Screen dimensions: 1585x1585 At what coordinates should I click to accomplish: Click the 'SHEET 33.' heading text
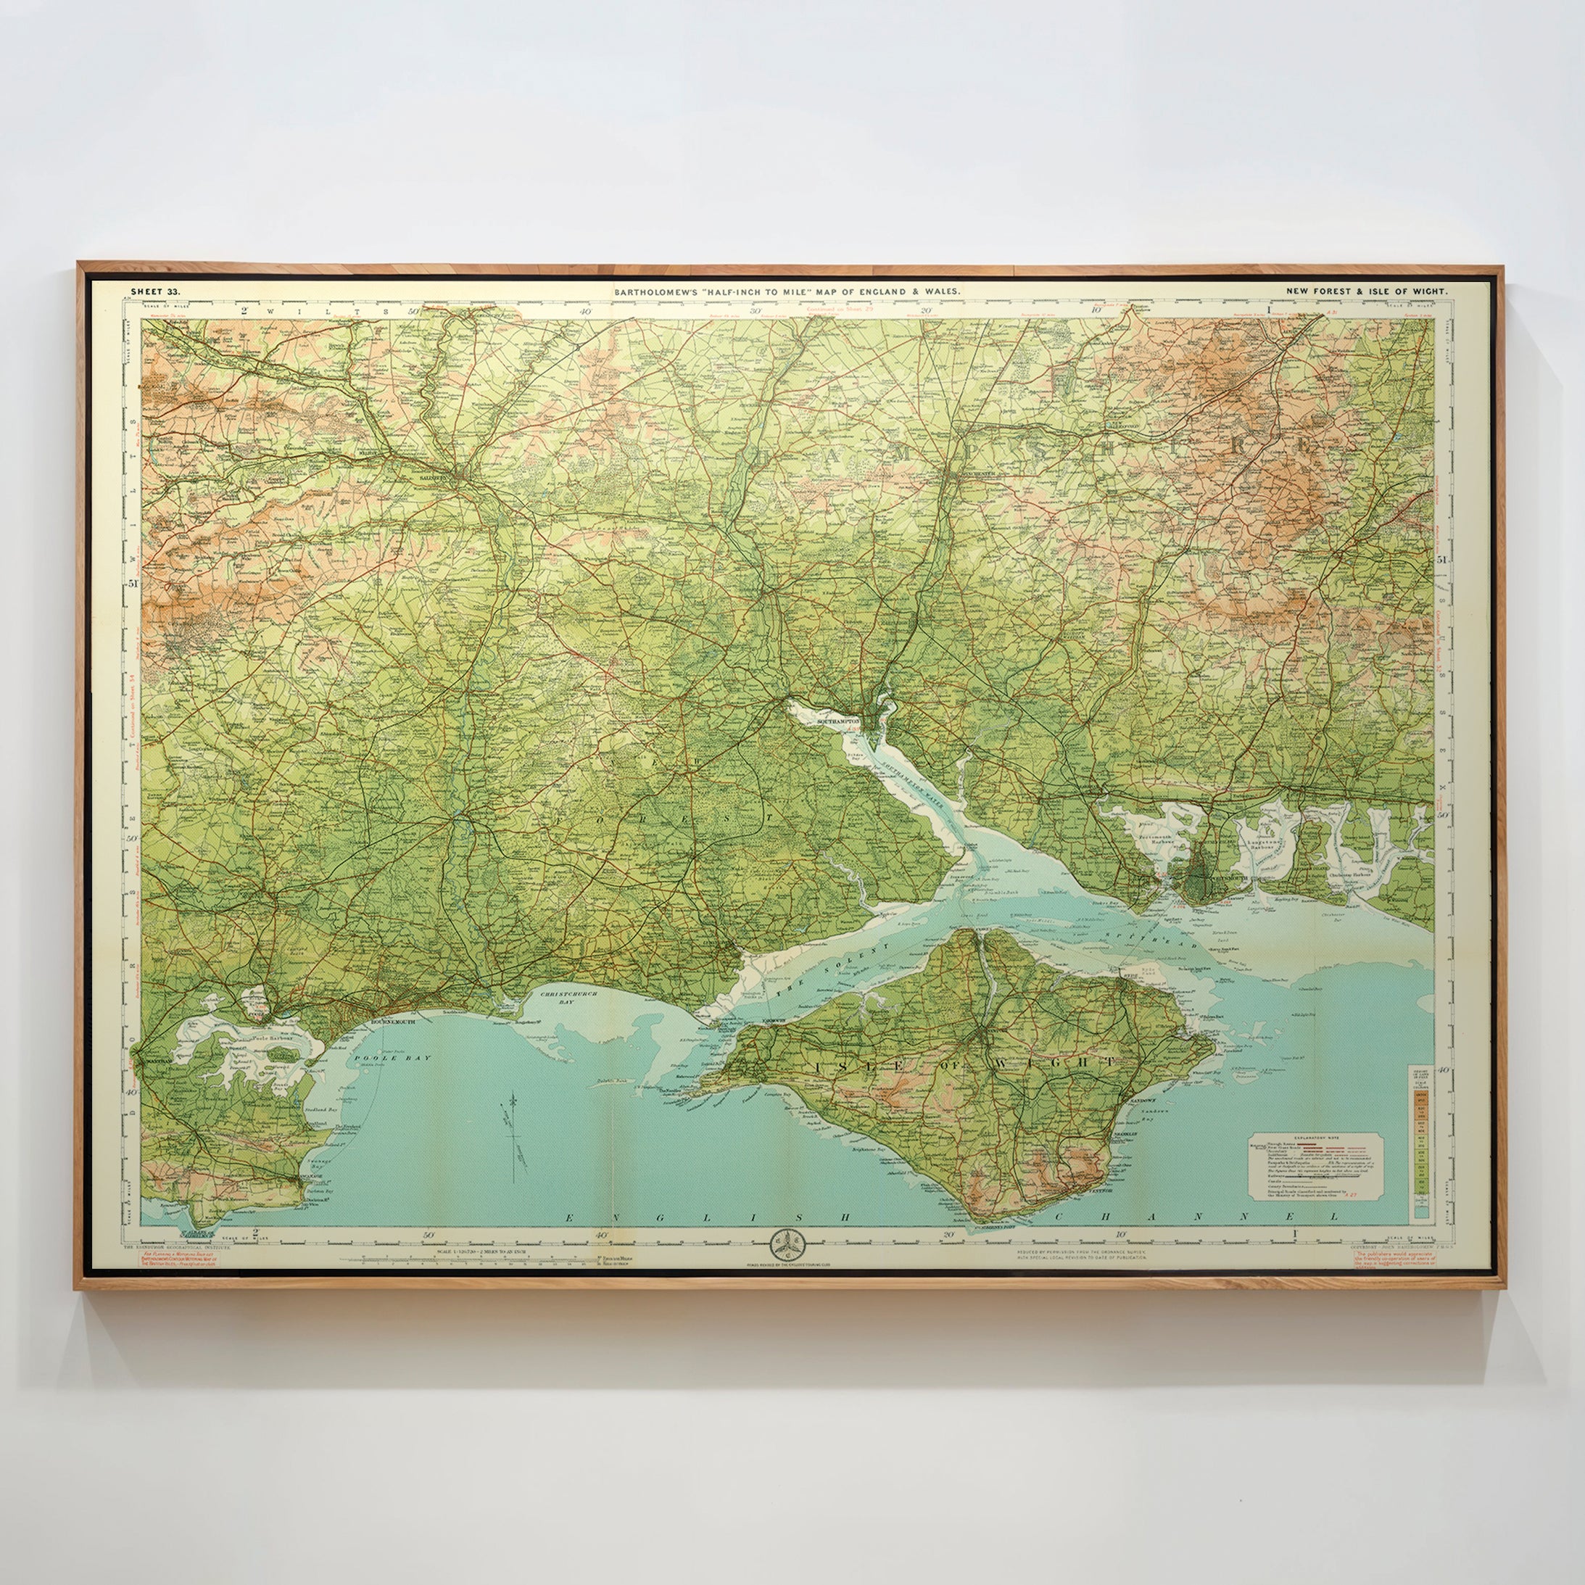pos(155,291)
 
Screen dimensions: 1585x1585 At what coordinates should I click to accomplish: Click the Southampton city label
pos(837,721)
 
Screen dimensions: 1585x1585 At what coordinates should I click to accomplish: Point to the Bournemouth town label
pos(393,1022)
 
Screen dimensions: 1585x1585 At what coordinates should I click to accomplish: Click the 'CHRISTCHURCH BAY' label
pos(569,998)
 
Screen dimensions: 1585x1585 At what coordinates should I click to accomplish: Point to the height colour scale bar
pos(1421,1144)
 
